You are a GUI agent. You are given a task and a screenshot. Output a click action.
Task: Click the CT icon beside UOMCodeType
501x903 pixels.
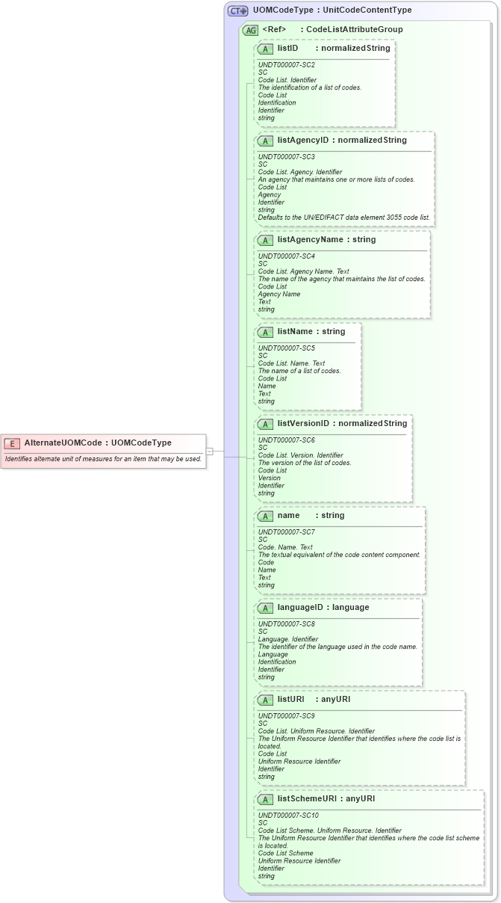pos(238,11)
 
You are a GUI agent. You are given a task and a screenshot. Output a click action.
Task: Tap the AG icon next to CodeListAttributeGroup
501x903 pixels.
pos(251,30)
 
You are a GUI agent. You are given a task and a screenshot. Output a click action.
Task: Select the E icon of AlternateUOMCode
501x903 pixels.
pos(11,443)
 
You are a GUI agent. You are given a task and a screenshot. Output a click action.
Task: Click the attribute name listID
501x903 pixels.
pos(287,48)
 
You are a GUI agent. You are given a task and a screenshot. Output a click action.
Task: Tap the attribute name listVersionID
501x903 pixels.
pos(303,423)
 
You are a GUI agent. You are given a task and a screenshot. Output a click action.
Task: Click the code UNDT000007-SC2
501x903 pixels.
pos(286,65)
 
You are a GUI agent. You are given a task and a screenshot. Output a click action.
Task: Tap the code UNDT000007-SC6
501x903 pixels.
pos(286,440)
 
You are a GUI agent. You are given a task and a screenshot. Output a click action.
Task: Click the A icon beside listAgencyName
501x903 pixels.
pos(265,240)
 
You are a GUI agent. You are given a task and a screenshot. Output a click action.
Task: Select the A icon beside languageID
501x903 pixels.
pos(265,608)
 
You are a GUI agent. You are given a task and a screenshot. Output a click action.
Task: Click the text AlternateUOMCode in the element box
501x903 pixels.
pos(63,443)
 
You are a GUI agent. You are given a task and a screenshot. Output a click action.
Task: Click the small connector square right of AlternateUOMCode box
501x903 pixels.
pos(210,451)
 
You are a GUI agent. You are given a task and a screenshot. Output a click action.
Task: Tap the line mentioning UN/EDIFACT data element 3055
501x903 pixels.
pos(343,218)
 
